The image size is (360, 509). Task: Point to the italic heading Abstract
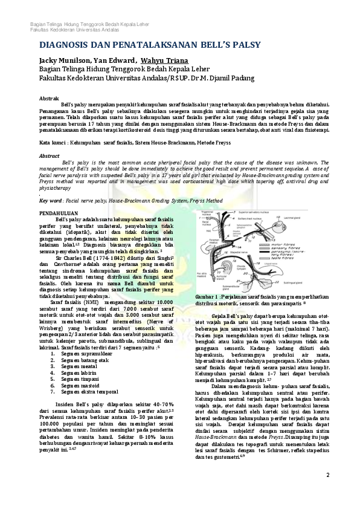coord(50,155)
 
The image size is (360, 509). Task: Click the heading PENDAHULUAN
coord(59,214)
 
